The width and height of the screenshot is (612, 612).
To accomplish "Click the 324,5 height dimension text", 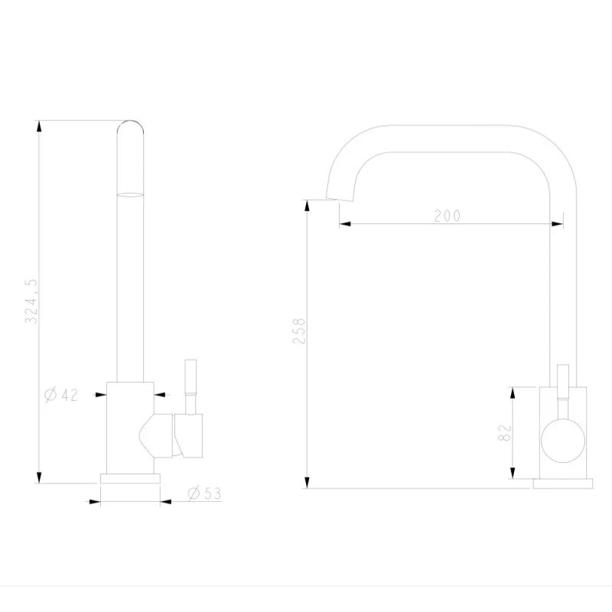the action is tap(31, 301).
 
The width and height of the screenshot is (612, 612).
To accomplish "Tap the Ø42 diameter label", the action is tap(61, 395).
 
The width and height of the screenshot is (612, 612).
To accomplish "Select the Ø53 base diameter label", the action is tap(204, 493).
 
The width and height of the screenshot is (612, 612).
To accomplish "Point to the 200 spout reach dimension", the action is tap(448, 216).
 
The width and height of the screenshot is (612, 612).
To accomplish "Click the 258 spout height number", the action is tap(299, 331).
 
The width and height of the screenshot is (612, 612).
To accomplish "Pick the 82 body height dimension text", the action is tap(505, 432).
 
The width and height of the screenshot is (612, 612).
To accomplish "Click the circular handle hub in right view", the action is tap(563, 441).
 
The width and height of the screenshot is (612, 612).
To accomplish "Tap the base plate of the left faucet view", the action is tap(130, 479).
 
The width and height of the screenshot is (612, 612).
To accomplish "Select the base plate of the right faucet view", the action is tap(563, 483).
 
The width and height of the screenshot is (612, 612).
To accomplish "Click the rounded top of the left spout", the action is tap(130, 125).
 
